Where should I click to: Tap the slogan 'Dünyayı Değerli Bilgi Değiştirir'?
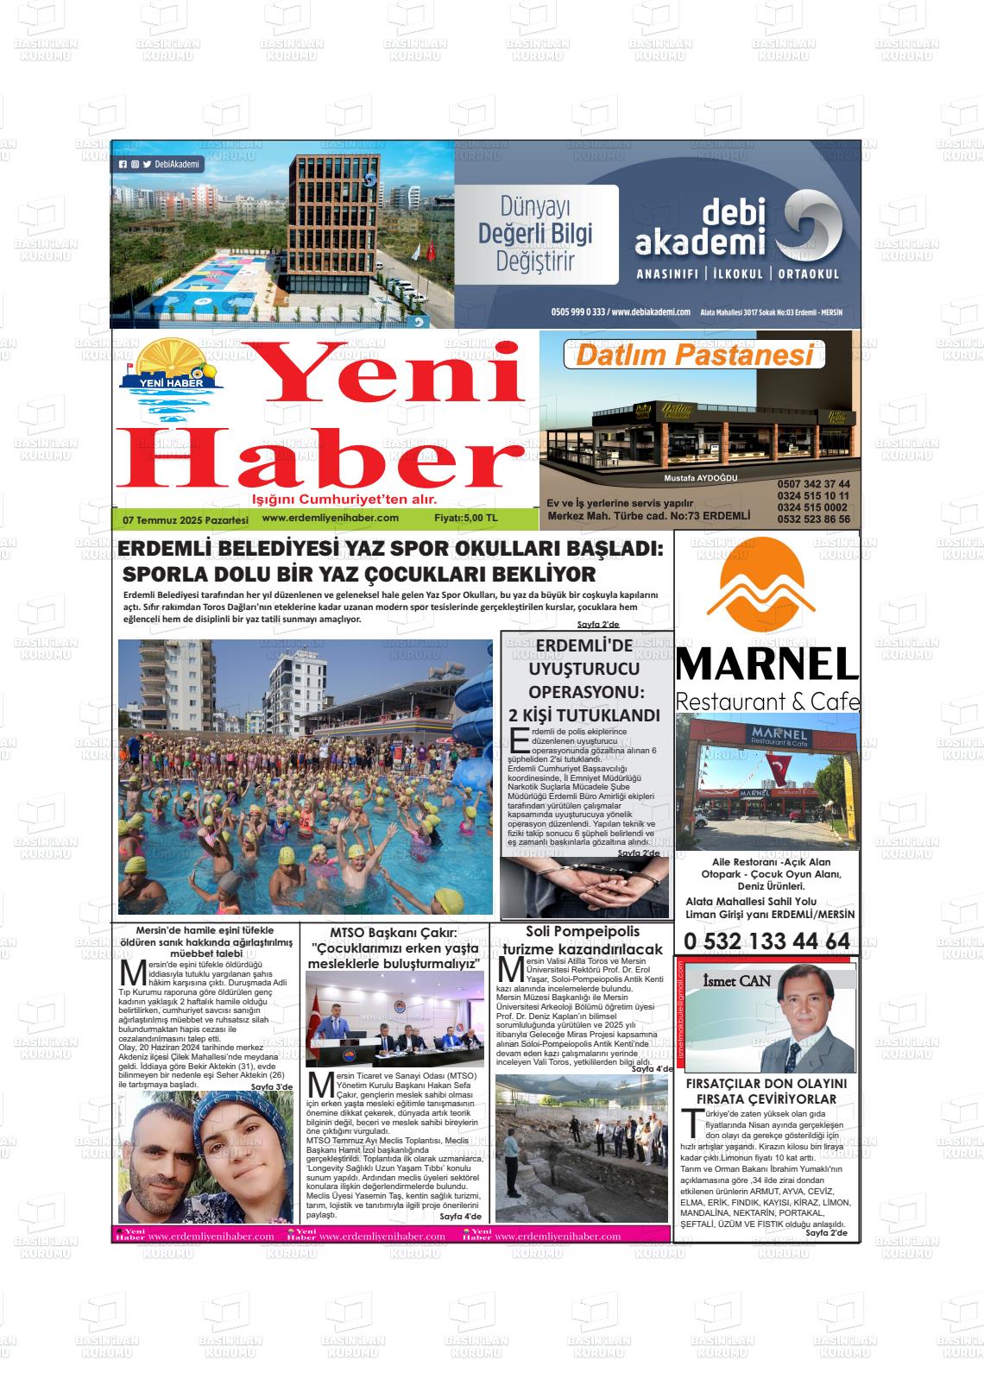pos(536,235)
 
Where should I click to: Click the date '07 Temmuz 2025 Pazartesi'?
pos(186,520)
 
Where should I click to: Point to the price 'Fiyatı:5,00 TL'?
pos(466,519)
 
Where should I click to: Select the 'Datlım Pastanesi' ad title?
pos(695,355)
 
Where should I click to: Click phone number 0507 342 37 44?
pos(813,484)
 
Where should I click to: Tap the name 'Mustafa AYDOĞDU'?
pos(701,478)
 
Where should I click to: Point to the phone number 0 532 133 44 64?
pos(766,941)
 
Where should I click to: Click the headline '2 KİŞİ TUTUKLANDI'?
pos(584,715)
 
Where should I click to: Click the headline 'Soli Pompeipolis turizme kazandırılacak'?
pos(583,941)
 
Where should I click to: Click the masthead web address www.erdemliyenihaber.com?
pos(330,518)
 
